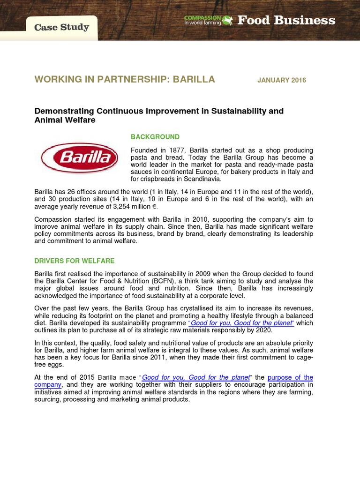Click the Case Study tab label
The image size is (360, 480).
(x=61, y=27)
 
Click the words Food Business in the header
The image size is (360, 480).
(x=286, y=20)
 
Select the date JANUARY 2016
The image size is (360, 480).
(x=281, y=80)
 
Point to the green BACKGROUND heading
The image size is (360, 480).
(x=155, y=137)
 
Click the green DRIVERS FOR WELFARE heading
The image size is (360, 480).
(x=74, y=261)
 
